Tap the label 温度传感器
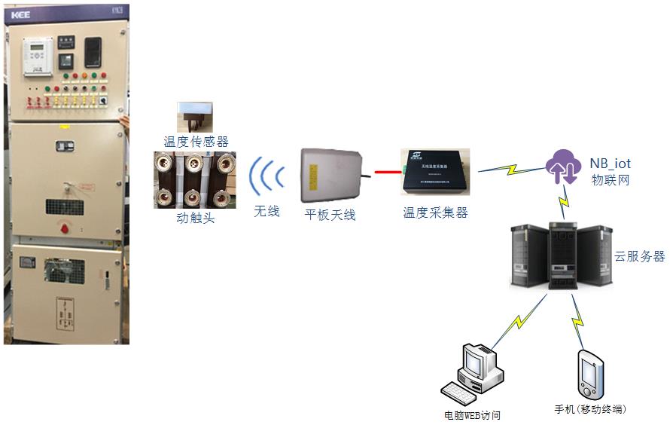pos(196,141)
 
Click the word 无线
pos(266,212)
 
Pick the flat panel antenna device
pos(330,176)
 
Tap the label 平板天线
pos(330,215)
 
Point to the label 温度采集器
pos(435,213)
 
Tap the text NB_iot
pos(610,164)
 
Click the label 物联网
pos(609,182)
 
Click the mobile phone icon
pos(591,374)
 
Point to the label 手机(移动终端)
pos(590,409)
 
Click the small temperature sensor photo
pos(195,117)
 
